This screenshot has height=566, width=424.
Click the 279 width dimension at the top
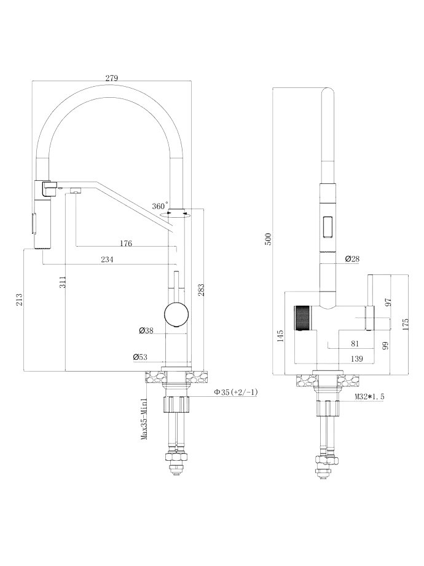[111, 78]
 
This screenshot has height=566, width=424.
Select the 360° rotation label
[160, 205]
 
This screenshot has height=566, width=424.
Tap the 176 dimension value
[125, 243]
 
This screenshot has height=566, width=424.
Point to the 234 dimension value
[108, 259]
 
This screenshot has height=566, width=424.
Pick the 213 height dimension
[20, 300]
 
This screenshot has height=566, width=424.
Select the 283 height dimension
[201, 290]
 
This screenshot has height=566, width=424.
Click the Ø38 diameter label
[146, 330]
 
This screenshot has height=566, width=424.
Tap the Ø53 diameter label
[140, 357]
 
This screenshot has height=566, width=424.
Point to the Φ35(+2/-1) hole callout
[236, 393]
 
